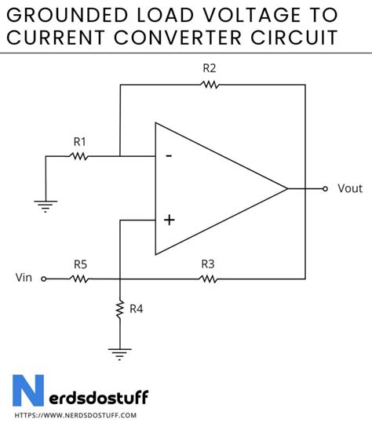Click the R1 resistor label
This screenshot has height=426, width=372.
point(79,141)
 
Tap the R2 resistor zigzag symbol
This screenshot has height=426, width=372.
point(209,84)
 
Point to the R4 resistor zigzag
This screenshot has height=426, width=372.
point(119,310)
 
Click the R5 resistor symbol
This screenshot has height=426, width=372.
point(79,279)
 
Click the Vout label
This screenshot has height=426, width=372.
point(350,188)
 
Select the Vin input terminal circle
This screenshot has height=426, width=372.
point(44,279)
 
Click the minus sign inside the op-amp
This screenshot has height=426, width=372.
point(168,155)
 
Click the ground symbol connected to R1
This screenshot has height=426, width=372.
point(46,206)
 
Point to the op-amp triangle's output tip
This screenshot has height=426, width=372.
point(287,188)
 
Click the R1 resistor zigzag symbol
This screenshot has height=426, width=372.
point(79,156)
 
